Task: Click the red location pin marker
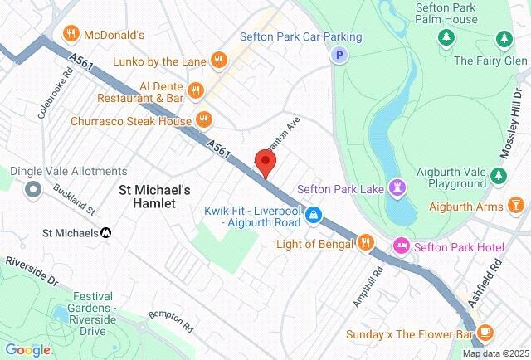click(x=265, y=163)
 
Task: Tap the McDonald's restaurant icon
click(x=71, y=34)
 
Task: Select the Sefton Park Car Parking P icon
click(x=339, y=56)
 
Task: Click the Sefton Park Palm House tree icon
click(x=446, y=38)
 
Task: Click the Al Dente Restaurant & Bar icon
click(x=196, y=89)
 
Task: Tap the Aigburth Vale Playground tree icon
click(x=498, y=175)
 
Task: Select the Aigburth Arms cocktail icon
click(x=515, y=205)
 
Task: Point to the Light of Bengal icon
click(x=366, y=242)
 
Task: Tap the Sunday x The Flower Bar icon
click(x=485, y=333)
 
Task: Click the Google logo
click(x=27, y=349)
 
